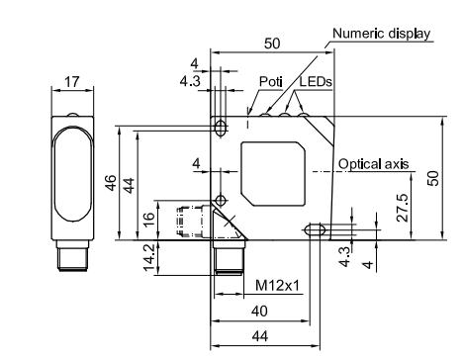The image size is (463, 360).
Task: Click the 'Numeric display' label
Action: (x=381, y=34)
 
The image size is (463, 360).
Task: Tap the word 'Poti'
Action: (x=271, y=81)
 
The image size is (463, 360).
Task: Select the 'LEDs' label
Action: (x=316, y=81)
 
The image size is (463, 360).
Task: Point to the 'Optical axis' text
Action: (x=373, y=164)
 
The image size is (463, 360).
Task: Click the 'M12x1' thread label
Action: (x=278, y=285)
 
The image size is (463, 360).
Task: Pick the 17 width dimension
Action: (x=72, y=82)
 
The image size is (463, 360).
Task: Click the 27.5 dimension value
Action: (x=403, y=208)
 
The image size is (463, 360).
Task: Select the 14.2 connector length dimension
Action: (x=149, y=257)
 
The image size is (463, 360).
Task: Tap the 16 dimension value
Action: (x=149, y=219)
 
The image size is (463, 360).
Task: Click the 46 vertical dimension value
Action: (x=111, y=183)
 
